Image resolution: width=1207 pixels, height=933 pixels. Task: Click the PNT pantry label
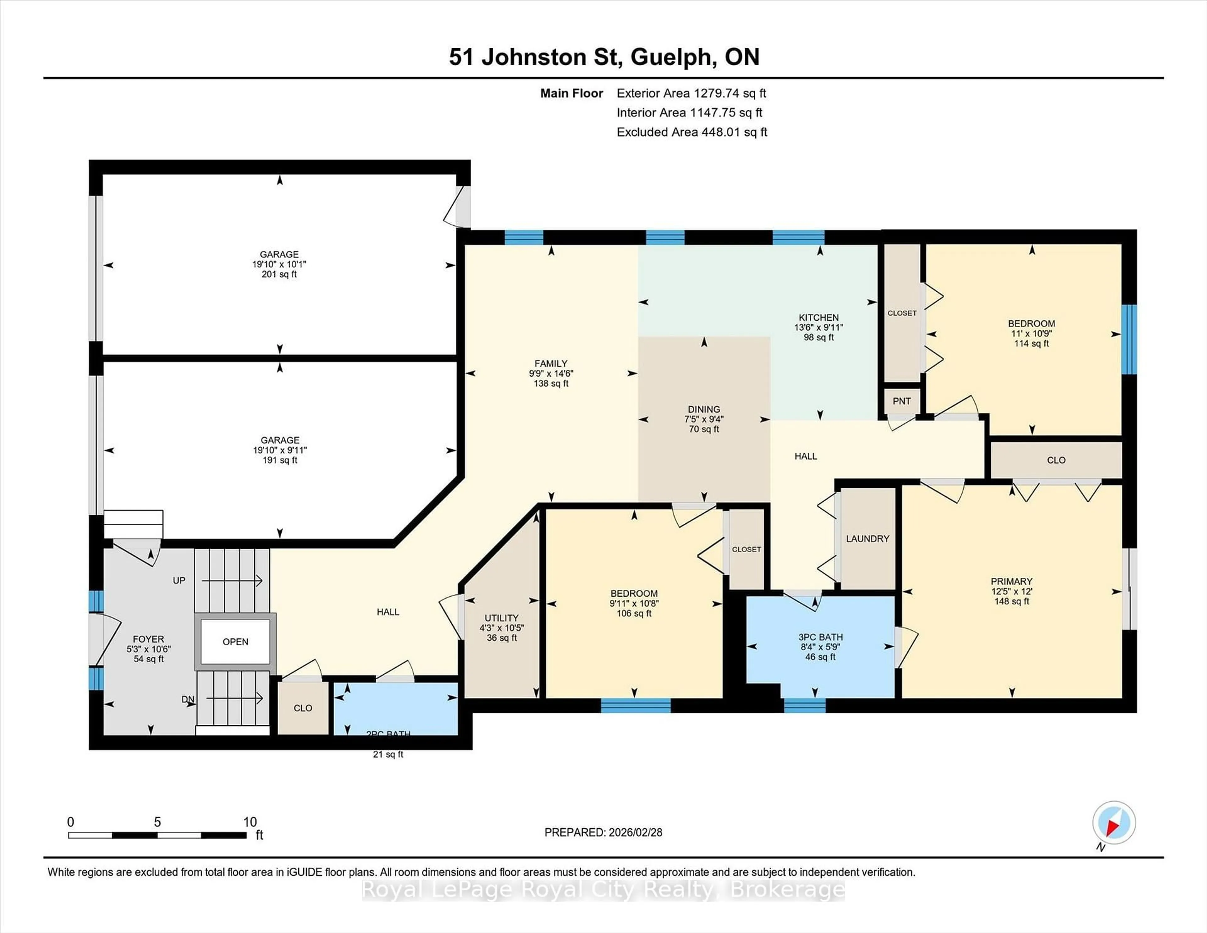coord(901,401)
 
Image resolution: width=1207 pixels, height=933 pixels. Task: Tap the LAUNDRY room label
coord(868,538)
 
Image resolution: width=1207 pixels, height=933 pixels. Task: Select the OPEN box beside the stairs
coord(235,642)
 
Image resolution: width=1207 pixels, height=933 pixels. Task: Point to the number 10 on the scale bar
coord(250,822)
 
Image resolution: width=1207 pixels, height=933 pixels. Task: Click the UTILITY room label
coord(501,618)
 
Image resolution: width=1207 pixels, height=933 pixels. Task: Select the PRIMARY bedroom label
coord(1011,581)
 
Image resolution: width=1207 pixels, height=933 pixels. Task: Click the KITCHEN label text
coord(818,317)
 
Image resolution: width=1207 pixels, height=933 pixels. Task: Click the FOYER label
coord(148,639)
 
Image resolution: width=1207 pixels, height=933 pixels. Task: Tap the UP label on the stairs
coord(179,580)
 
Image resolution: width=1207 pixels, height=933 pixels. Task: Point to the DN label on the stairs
coord(188,699)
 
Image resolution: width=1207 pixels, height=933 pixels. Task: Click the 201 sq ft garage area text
coord(279,274)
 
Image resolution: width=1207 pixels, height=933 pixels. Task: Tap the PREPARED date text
coord(603,832)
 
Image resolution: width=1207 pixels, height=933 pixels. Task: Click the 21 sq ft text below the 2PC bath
coord(388,754)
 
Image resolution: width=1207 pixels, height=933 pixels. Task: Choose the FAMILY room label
coord(550,363)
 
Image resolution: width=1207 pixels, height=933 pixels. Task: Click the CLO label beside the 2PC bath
coord(303,708)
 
